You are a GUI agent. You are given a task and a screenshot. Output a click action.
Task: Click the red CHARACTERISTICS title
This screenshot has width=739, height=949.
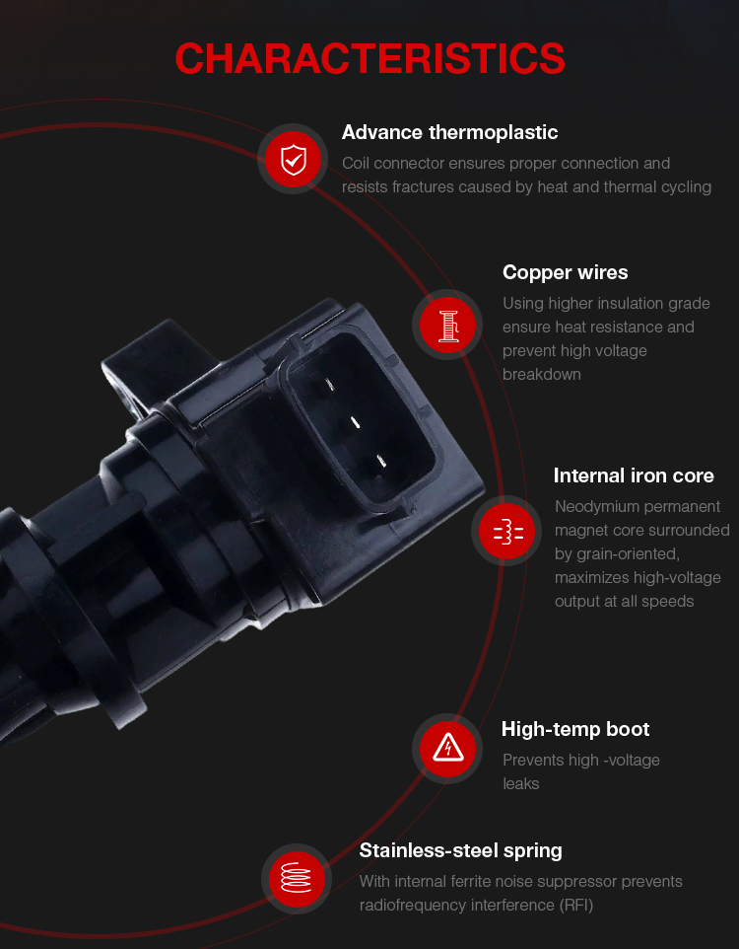(x=369, y=58)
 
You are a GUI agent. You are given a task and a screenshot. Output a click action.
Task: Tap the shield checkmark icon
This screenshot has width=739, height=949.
(x=294, y=160)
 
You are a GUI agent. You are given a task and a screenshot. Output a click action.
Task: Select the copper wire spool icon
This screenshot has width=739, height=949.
(x=447, y=325)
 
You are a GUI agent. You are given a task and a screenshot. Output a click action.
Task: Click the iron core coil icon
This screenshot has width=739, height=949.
(x=508, y=532)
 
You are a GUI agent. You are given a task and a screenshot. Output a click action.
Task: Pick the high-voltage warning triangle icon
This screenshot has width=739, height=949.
(x=448, y=748)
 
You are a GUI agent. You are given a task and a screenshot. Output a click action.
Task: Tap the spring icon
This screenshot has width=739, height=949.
(x=297, y=878)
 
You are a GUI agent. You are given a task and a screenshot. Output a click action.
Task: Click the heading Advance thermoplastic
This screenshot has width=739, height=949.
(x=449, y=132)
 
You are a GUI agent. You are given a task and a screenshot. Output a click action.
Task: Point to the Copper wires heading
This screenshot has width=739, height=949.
(x=565, y=272)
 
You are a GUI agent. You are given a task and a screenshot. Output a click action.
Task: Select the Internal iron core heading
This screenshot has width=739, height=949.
(x=634, y=475)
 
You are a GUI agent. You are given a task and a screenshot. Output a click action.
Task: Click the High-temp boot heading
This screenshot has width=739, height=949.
(x=575, y=729)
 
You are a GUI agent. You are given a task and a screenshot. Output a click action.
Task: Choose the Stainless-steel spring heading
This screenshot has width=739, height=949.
(x=460, y=851)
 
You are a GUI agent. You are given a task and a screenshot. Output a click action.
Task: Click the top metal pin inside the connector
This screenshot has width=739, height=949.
(x=329, y=384)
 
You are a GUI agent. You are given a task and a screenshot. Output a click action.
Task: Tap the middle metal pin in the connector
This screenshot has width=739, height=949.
(x=356, y=422)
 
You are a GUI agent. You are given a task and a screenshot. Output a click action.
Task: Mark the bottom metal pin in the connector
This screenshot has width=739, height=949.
(x=381, y=462)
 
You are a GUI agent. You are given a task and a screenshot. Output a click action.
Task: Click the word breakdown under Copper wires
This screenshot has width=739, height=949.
(x=541, y=375)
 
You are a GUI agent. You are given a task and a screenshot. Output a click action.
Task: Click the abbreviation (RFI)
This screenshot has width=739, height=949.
(x=575, y=906)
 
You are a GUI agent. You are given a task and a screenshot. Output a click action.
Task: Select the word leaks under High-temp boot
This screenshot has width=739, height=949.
(x=520, y=784)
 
